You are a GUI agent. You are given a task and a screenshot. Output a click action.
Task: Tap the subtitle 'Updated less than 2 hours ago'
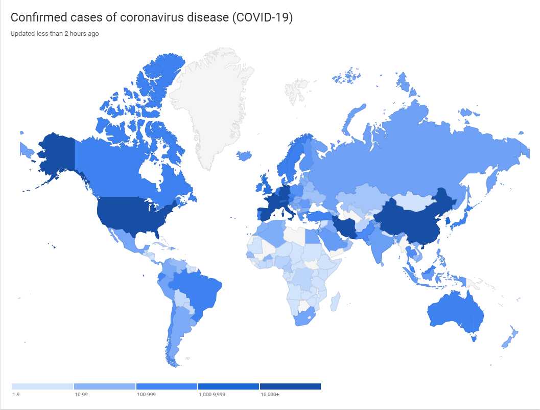point(55,34)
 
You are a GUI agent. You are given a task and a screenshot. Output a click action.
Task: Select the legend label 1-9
point(15,395)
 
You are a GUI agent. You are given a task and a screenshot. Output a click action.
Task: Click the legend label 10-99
point(81,395)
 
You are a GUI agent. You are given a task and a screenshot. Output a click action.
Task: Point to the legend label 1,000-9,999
point(212,395)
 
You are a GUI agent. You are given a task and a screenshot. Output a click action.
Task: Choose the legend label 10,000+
point(270,395)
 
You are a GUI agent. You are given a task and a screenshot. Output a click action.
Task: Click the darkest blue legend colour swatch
point(290,386)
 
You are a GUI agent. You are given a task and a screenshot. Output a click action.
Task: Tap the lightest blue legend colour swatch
point(42,386)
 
